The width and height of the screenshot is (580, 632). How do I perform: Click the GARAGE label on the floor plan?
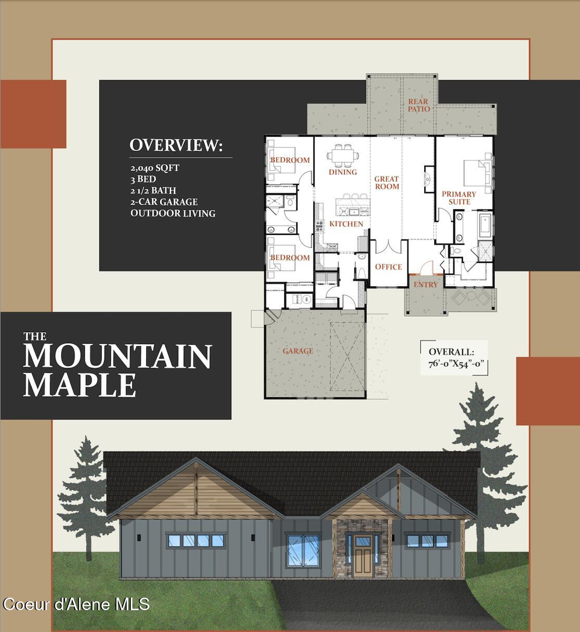[298, 351]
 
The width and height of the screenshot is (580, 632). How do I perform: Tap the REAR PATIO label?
[419, 105]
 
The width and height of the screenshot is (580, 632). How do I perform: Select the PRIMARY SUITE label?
[459, 198]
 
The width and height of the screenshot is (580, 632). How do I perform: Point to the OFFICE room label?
[388, 267]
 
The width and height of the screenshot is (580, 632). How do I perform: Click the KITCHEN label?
[346, 224]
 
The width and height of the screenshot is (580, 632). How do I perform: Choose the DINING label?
[343, 172]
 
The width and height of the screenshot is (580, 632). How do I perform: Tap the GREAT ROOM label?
[387, 183]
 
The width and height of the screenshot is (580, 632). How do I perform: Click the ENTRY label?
[425, 285]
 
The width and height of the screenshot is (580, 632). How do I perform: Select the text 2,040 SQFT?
[155, 168]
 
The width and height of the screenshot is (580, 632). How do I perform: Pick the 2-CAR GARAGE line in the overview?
[164, 201]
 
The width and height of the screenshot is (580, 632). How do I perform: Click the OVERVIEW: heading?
[176, 145]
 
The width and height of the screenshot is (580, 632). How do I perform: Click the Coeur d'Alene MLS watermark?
[76, 604]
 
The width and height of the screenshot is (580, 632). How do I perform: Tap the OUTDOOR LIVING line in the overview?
[173, 213]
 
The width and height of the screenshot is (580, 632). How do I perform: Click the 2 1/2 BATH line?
[153, 191]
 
